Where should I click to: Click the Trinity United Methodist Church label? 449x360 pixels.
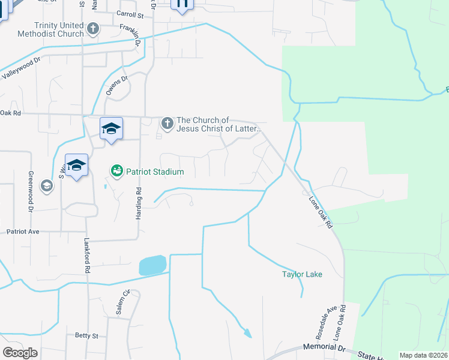(59, 29)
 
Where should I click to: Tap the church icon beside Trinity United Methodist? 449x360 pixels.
(93, 28)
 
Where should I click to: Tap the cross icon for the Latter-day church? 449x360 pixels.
(167, 124)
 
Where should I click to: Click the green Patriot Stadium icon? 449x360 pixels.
(117, 172)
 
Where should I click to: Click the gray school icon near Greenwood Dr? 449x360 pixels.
(46, 186)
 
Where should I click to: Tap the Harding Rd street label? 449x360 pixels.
(139, 203)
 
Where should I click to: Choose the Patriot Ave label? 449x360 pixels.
(22, 231)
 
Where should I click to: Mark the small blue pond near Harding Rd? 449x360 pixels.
(153, 265)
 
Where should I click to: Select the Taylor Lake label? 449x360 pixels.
(303, 275)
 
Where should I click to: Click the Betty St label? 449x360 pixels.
(86, 336)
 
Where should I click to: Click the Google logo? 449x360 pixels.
(20, 353)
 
